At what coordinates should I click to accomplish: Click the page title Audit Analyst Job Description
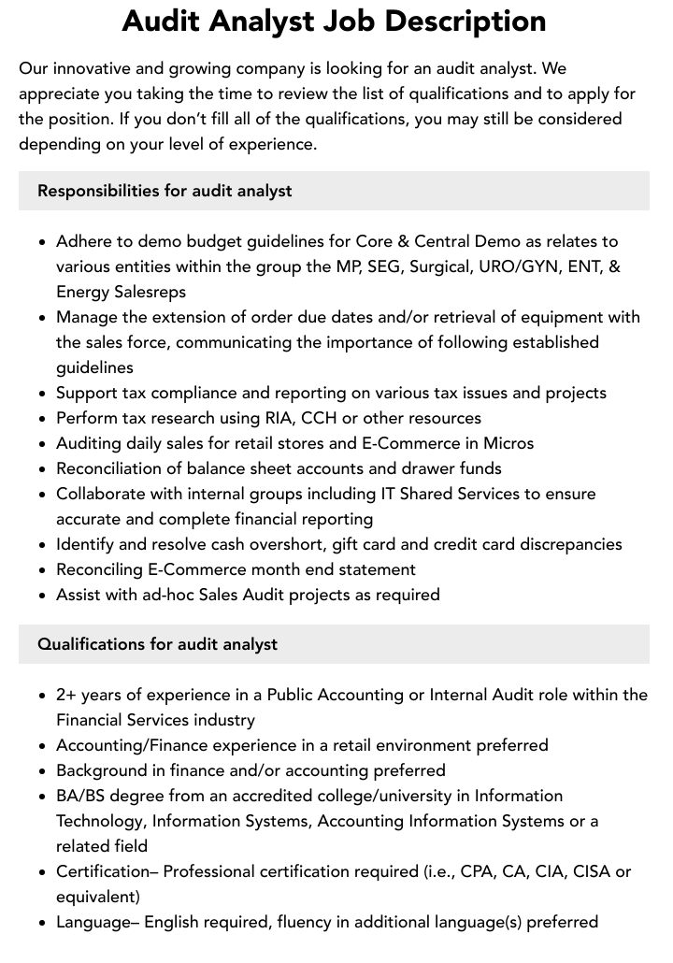point(335,21)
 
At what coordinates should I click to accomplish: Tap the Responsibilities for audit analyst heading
point(165,191)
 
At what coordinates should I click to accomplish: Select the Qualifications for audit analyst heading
point(157,644)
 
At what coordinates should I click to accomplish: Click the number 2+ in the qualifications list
point(66,695)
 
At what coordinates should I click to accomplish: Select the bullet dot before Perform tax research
point(43,419)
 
